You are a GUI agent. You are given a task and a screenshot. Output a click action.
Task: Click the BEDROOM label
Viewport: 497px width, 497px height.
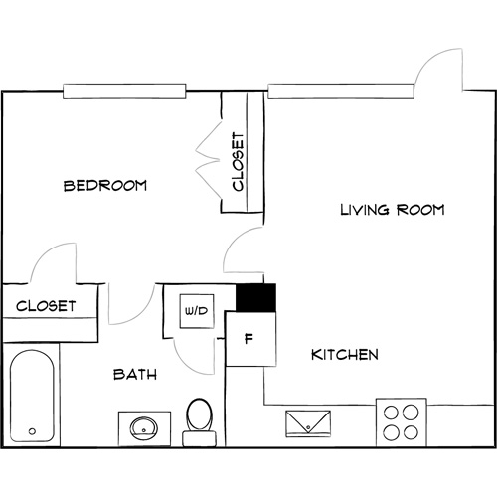104,186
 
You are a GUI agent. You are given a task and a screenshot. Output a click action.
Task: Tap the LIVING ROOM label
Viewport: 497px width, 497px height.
392,210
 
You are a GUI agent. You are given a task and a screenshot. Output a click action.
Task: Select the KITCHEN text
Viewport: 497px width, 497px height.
344,355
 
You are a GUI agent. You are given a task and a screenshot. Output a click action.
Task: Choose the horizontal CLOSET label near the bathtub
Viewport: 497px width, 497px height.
46,306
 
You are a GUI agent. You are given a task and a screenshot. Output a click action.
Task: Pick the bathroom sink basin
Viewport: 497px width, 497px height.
144,429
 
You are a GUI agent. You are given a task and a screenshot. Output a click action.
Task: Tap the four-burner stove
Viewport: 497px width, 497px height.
402,420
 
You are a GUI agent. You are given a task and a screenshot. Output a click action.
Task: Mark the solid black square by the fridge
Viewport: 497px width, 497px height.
254,297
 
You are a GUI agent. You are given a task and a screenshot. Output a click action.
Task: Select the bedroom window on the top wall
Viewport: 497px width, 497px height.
125,92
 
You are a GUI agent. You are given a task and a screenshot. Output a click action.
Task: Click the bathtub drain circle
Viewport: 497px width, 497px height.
33,432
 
